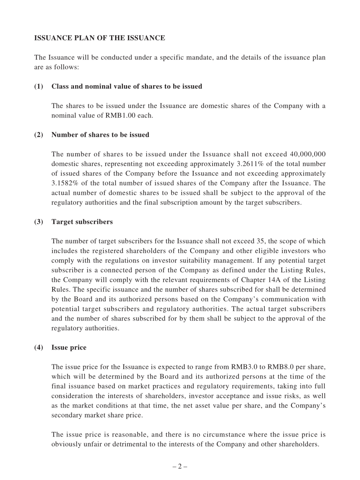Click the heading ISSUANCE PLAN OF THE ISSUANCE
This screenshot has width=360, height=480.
pyautogui.click(x=99, y=38)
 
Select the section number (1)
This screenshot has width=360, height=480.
pyautogui.click(x=39, y=86)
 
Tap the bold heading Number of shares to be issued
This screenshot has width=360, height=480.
pyautogui.click(x=100, y=135)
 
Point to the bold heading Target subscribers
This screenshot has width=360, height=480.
pyautogui.click(x=82, y=222)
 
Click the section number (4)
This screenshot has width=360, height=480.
pyautogui.click(x=39, y=348)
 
